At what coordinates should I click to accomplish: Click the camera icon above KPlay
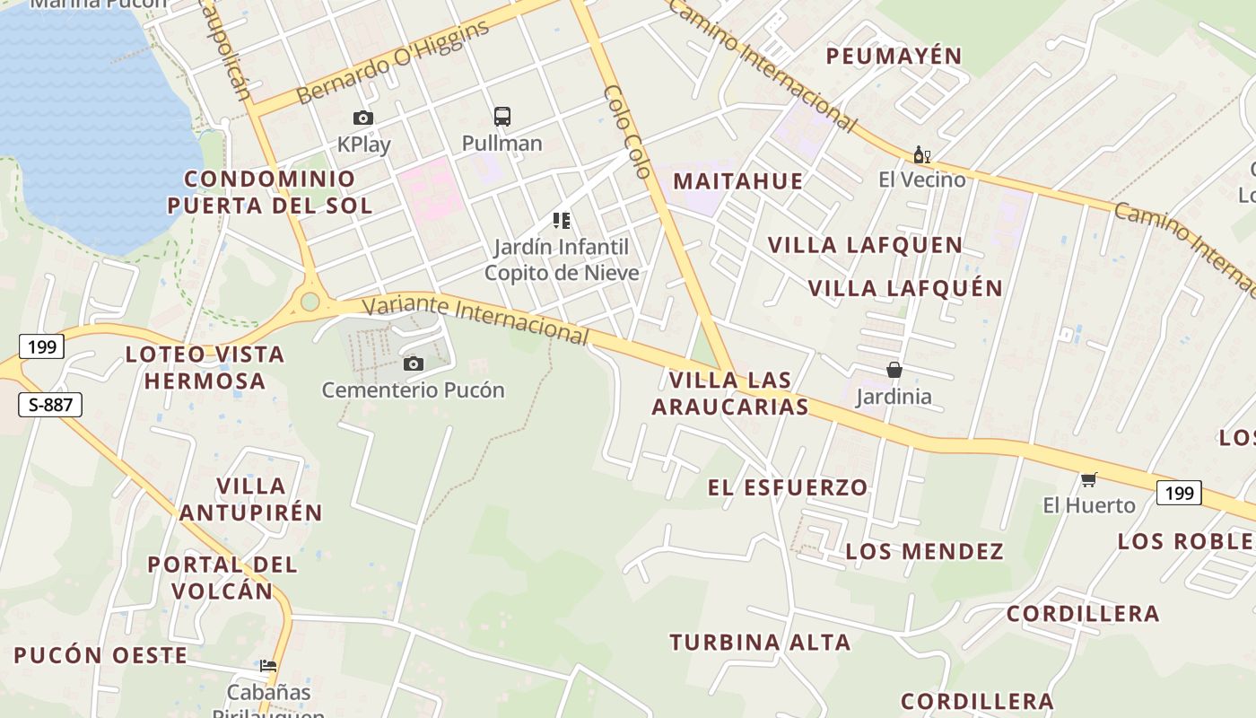[x=363, y=118]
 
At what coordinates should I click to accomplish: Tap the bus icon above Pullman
[x=502, y=117]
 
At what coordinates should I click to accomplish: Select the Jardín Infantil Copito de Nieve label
[x=562, y=259]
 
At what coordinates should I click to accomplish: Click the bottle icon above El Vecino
[x=920, y=155]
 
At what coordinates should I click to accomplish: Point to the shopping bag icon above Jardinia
[x=894, y=370]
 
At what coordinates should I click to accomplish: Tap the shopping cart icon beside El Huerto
[x=1089, y=479]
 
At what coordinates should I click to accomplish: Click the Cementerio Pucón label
[x=413, y=390]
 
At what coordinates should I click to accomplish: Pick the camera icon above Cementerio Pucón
[x=413, y=363]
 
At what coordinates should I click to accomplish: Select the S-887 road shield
[x=50, y=405]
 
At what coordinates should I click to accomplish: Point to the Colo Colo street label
[x=626, y=131]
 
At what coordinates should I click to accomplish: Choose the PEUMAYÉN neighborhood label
[x=894, y=57]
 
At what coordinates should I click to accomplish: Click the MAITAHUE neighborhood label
[x=738, y=181]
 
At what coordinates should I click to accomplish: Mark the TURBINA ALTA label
[x=760, y=643]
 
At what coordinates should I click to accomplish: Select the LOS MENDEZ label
[x=924, y=551]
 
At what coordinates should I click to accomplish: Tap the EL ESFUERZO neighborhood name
[x=788, y=487]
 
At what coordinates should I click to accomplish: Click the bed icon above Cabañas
[x=268, y=666]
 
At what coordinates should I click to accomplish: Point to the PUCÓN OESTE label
[x=100, y=655]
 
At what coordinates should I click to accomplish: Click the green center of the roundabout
[x=310, y=302]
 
